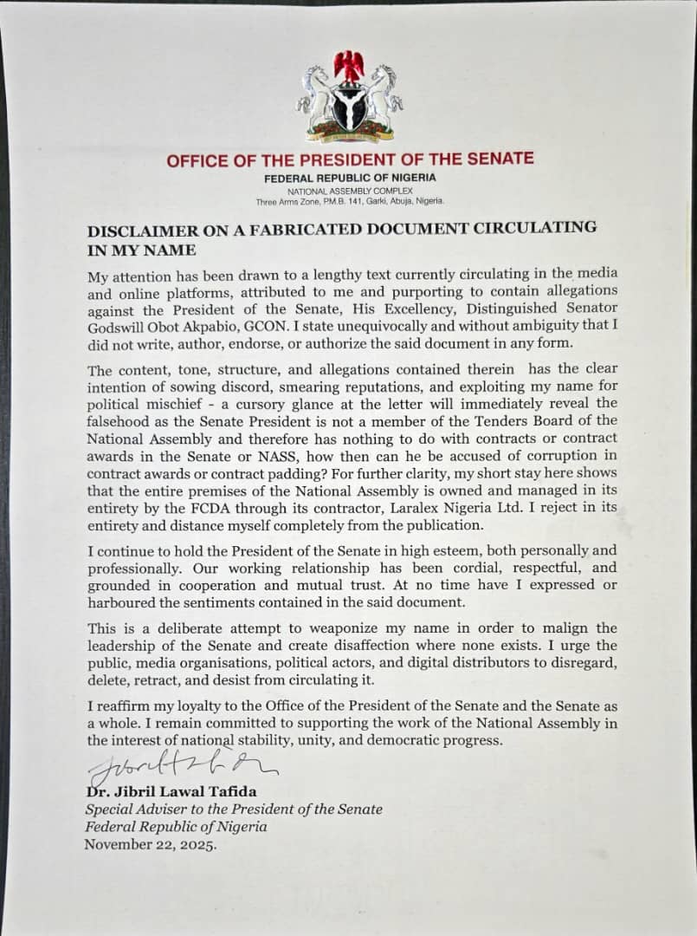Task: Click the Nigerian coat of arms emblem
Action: pos(349,97)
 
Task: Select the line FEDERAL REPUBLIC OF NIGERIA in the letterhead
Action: pos(350,177)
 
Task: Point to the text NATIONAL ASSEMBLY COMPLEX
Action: pos(350,190)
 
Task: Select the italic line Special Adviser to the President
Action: pos(234,809)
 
